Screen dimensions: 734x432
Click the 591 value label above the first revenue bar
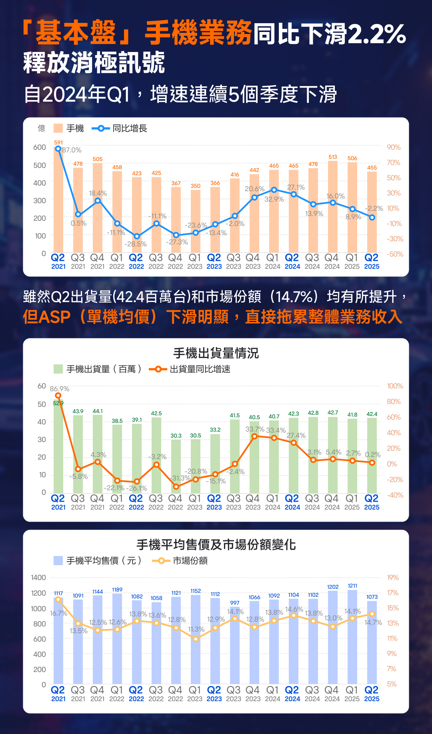(58, 142)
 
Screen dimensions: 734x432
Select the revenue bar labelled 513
(333, 206)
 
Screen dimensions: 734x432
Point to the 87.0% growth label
(72, 150)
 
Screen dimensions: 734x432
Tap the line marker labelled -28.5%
(137, 236)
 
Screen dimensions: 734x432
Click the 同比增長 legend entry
(120, 128)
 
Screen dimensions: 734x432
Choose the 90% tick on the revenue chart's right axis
(394, 147)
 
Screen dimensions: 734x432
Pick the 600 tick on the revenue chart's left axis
(40, 147)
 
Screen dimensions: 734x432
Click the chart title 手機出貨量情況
(216, 353)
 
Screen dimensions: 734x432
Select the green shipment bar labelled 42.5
(156, 455)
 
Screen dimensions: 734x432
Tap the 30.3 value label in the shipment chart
(176, 436)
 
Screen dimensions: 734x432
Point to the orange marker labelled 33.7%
(254, 436)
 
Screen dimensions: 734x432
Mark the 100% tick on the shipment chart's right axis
(395, 386)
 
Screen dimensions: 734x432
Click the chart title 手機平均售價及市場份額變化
(216, 545)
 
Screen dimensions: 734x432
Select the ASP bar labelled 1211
(352, 636)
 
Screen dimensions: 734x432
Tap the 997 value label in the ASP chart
(235, 603)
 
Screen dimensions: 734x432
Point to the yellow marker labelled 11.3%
(196, 639)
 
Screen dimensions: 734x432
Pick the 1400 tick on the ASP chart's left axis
(38, 578)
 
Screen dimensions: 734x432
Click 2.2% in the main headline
(377, 34)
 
